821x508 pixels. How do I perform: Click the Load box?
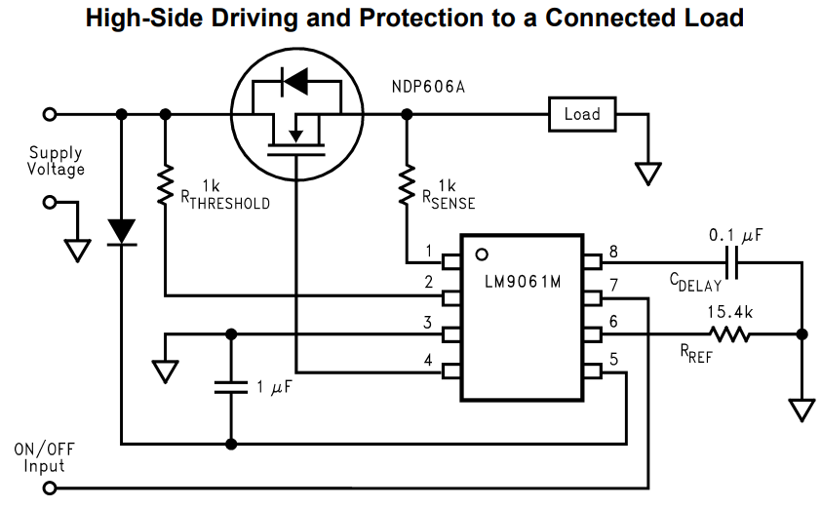[x=582, y=114]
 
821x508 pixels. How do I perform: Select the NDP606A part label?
[x=427, y=87]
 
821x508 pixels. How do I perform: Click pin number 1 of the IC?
[x=428, y=252]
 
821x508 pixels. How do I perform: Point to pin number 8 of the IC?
[x=612, y=252]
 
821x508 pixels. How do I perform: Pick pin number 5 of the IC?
[x=612, y=359]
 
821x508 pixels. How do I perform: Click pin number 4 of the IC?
[x=428, y=360]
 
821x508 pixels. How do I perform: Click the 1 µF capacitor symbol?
[x=231, y=387]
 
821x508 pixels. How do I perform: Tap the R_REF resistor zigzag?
[x=728, y=334]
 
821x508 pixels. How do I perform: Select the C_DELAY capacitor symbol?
[x=733, y=263]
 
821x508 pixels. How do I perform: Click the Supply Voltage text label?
[x=56, y=161]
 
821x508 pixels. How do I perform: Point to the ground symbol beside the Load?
[x=646, y=174]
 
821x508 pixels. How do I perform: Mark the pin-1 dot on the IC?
[x=480, y=254]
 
